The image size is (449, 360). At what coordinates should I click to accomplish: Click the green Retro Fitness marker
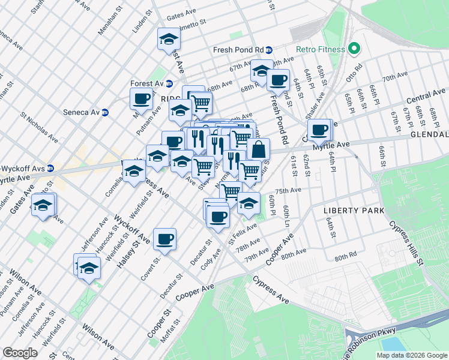click(x=354, y=49)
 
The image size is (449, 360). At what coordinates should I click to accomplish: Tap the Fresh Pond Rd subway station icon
click(x=270, y=50)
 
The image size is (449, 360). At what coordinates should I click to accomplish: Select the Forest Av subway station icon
click(x=169, y=84)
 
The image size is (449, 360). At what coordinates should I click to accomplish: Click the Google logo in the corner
click(x=20, y=353)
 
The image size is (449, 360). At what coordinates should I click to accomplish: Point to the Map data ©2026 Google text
click(x=411, y=355)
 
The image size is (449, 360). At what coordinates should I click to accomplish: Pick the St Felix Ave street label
click(x=242, y=230)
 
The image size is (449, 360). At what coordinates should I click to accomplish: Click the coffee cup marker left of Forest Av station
click(x=142, y=98)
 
